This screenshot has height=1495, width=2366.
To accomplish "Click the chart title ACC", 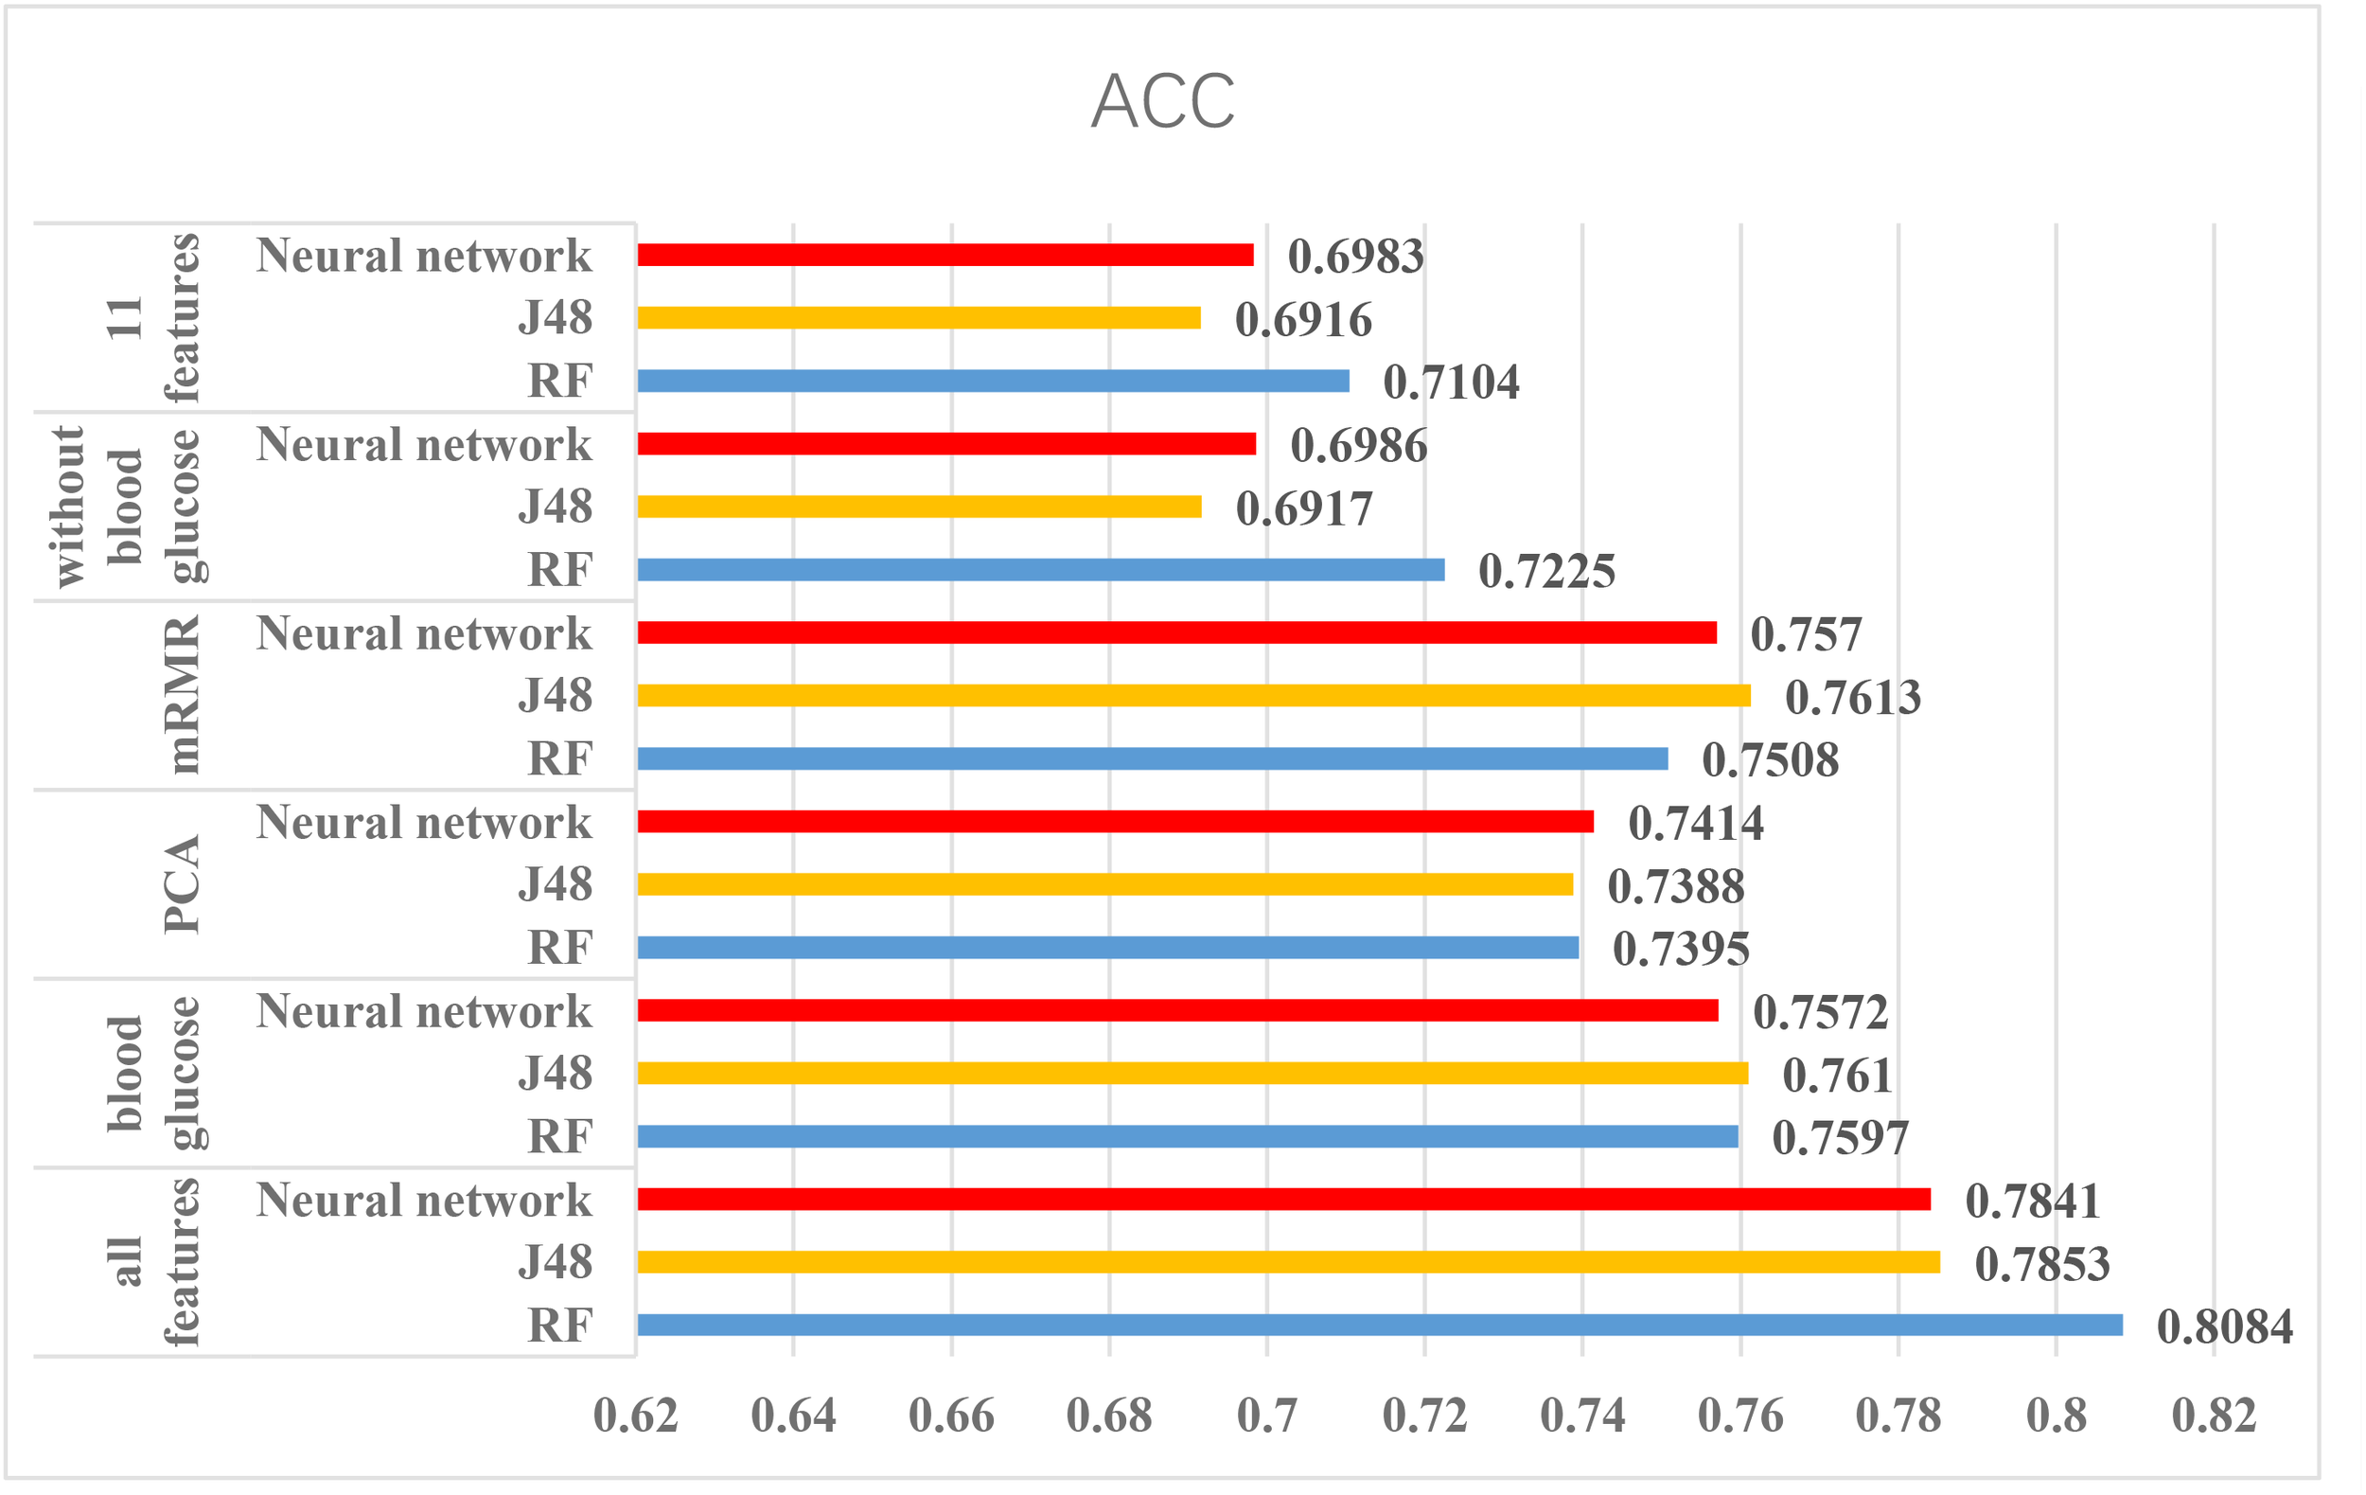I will (1162, 101).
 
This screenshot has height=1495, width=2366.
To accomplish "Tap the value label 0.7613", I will (1852, 697).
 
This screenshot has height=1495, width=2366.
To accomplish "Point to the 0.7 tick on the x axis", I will (1266, 1416).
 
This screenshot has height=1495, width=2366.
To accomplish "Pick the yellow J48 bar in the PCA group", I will (1104, 884).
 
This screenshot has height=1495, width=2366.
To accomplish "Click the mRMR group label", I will (182, 694).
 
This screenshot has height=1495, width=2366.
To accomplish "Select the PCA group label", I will (182, 883).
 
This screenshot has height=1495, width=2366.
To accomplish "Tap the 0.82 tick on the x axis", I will (2214, 1416).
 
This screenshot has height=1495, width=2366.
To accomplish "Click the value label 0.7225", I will (1546, 571).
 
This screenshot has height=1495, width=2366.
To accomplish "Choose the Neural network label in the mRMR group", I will (423, 634).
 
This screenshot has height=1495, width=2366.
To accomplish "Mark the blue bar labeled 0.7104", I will (993, 381).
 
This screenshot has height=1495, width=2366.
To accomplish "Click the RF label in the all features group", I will (559, 1326).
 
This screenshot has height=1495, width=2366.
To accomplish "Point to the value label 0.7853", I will (2041, 1264).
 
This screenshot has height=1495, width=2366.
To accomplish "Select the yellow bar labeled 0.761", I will (1192, 1074).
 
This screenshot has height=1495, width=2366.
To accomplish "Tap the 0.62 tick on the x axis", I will (636, 1416).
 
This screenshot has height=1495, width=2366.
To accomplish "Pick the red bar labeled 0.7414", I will (1114, 822).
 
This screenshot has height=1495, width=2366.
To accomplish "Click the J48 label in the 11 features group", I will (556, 317).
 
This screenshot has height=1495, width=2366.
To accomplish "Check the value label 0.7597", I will (1840, 1138).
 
